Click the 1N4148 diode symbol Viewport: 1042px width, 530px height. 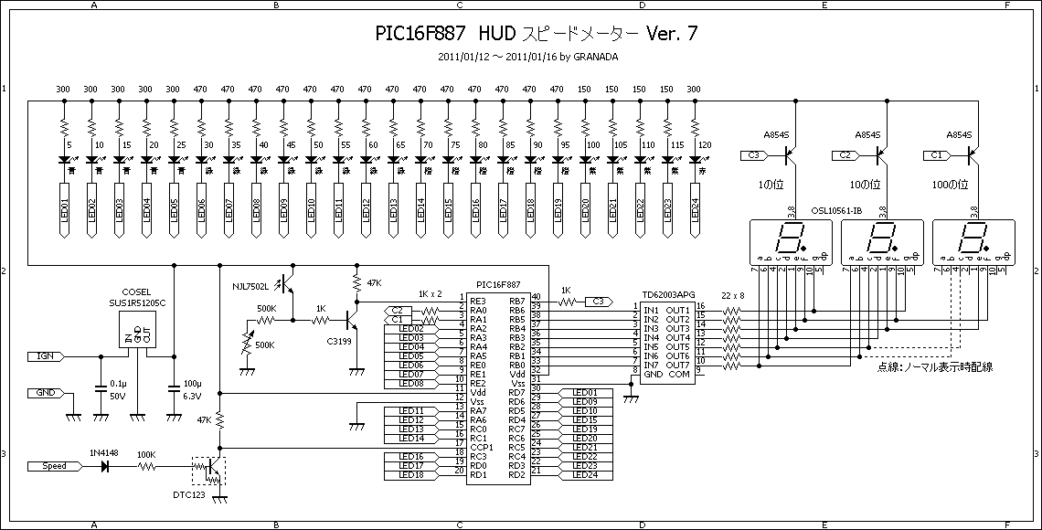[x=105, y=466]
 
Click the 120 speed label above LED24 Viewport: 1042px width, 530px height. [x=704, y=144]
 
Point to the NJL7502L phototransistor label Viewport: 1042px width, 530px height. [x=250, y=286]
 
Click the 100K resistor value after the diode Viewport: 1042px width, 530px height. [x=145, y=454]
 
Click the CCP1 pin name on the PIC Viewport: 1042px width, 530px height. [x=482, y=447]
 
